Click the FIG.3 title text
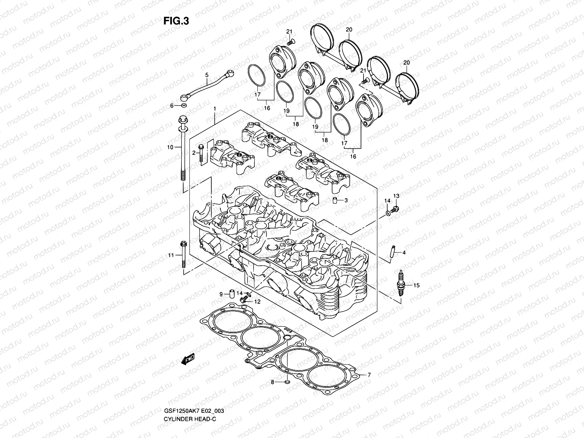[x=176, y=21]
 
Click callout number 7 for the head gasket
[x=369, y=375]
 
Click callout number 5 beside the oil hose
[x=207, y=75]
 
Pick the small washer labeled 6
[x=184, y=106]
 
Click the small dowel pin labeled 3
[x=334, y=200]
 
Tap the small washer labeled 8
[x=287, y=382]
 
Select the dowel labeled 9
[x=231, y=294]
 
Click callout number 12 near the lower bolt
[x=257, y=302]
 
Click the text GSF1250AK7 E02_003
[x=189, y=421]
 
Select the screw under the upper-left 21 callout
[x=291, y=43]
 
